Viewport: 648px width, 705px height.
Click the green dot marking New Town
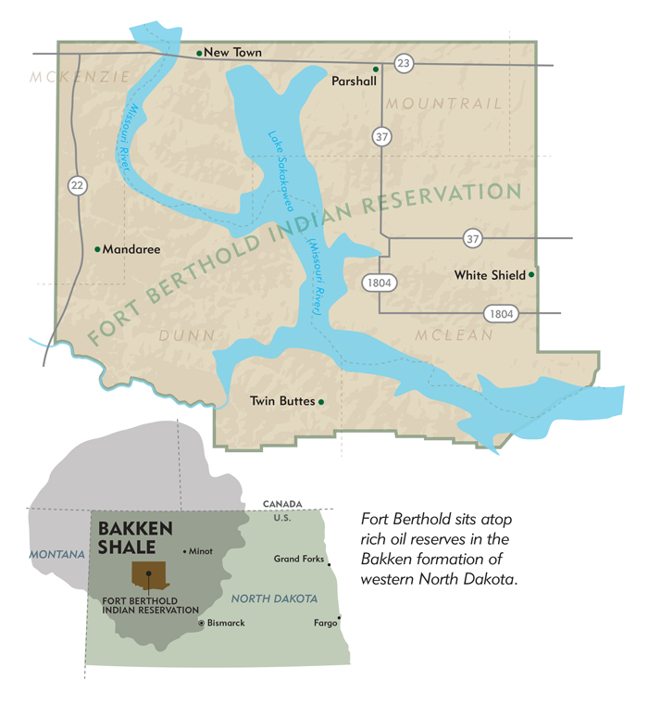(x=199, y=53)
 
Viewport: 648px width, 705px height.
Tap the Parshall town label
(x=354, y=82)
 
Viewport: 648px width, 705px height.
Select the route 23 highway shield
(x=404, y=63)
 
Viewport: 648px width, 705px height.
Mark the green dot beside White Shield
(x=530, y=274)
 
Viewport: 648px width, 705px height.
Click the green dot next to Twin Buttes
(x=321, y=401)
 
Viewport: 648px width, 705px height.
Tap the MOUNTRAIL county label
(x=443, y=103)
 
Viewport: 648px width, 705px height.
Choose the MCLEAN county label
(x=454, y=334)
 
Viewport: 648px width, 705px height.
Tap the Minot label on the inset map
(x=202, y=551)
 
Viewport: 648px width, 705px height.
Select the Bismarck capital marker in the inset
(x=202, y=623)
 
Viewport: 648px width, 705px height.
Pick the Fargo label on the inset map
(x=325, y=623)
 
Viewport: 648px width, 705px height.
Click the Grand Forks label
(x=298, y=559)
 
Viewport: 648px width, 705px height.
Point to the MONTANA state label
(x=56, y=554)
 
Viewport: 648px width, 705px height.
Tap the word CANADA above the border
(x=281, y=503)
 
